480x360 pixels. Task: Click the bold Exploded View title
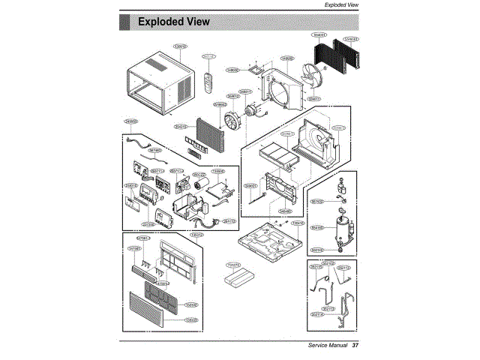(173, 22)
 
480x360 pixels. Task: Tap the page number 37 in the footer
(355, 346)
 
